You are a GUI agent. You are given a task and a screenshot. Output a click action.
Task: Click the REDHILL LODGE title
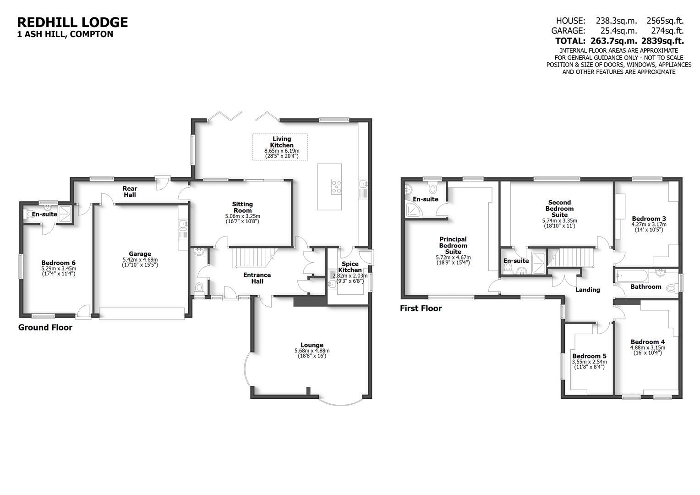(x=72, y=22)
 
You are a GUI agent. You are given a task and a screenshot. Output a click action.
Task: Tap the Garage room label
(x=140, y=254)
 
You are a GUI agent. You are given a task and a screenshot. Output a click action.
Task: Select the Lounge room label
(x=312, y=345)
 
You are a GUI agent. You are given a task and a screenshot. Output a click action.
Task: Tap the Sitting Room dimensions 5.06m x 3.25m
(x=242, y=216)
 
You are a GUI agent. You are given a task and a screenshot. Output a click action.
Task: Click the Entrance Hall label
(x=257, y=278)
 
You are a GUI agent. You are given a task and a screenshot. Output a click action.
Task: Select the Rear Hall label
(x=130, y=192)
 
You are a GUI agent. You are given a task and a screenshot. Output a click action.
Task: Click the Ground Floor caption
(x=45, y=327)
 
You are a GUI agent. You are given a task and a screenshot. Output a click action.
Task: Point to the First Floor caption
(x=421, y=308)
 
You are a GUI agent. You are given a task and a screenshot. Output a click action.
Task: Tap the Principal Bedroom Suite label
(x=453, y=245)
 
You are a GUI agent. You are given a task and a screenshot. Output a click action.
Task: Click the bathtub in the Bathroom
(x=632, y=276)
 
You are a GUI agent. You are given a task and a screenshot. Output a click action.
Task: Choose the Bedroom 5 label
(x=589, y=356)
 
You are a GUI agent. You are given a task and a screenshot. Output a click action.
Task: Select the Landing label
(x=587, y=290)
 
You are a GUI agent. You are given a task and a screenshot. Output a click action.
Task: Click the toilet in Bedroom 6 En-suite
(x=31, y=214)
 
